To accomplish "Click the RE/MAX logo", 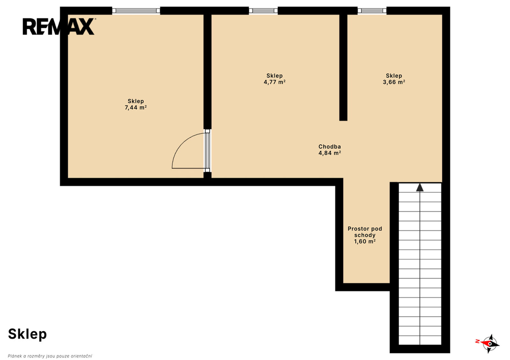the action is (59, 26).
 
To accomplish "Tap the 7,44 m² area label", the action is (135, 108).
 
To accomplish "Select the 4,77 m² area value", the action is (274, 82).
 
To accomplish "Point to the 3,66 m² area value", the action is (394, 82).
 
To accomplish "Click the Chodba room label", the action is (330, 147).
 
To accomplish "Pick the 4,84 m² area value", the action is (330, 153).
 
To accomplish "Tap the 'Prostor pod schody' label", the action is (365, 232).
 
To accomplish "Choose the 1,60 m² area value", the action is (365, 241).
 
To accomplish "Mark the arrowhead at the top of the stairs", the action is (420, 187).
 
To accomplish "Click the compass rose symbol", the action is (489, 343).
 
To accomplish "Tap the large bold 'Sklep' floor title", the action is (27, 334).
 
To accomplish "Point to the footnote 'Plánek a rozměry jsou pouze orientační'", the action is (50, 356).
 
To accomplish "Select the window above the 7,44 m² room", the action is (136, 11).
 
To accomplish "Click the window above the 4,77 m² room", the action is (263, 11).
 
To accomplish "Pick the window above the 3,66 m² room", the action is (372, 11).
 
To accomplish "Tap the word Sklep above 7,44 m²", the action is (135, 102).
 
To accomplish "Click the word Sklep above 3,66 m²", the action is (394, 76).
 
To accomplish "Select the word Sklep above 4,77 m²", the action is (274, 76).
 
